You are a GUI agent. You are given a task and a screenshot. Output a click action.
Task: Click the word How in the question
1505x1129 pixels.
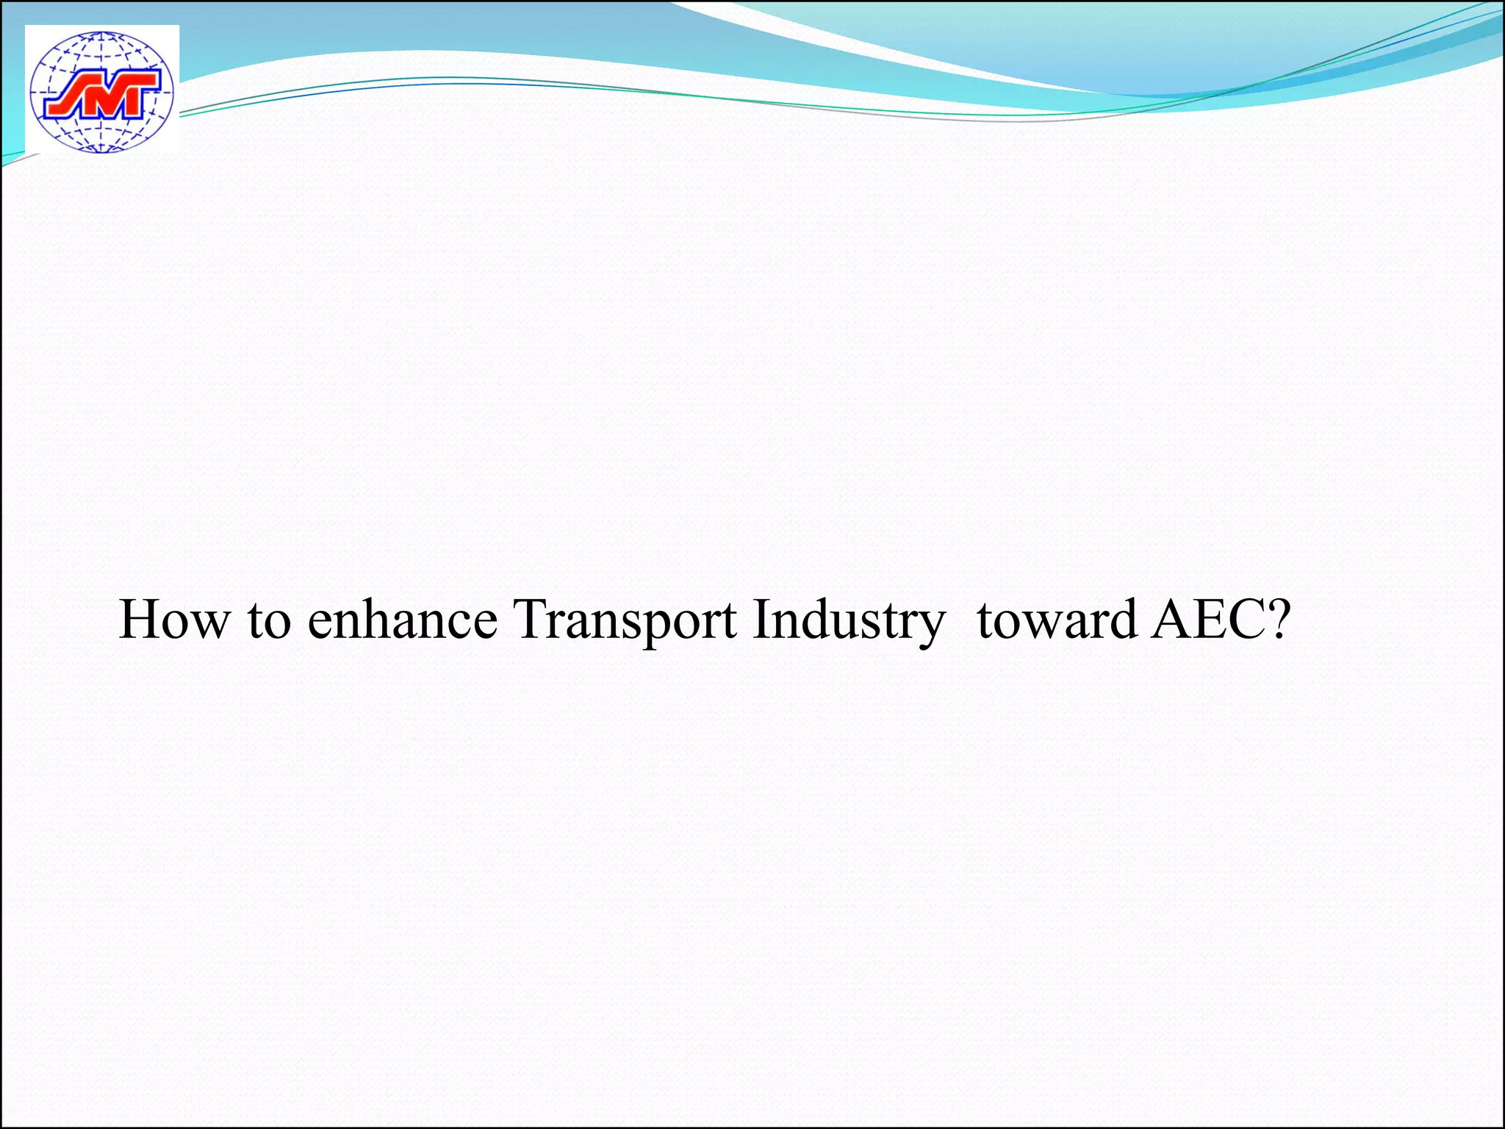[x=174, y=619]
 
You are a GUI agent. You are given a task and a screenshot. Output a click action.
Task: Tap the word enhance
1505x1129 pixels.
[x=402, y=619]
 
